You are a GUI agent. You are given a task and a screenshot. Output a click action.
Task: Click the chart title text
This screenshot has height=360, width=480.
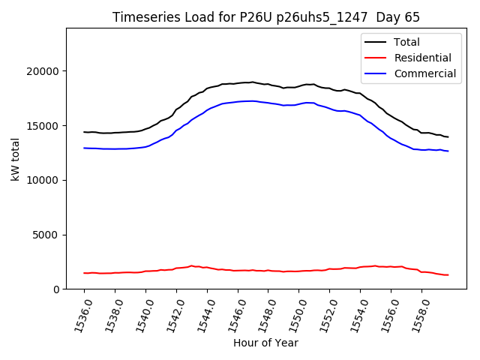266,17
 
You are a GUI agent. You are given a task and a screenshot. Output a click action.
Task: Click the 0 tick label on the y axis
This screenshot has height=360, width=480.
57,289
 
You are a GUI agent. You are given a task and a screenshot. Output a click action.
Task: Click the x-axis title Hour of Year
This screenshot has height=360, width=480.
265,343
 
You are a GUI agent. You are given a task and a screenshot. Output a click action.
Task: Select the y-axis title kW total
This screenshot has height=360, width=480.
15,159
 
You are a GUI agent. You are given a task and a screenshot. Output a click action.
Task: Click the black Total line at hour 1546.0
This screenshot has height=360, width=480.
238,83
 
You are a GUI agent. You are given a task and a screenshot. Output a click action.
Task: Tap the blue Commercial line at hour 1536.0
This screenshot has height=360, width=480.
85,148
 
